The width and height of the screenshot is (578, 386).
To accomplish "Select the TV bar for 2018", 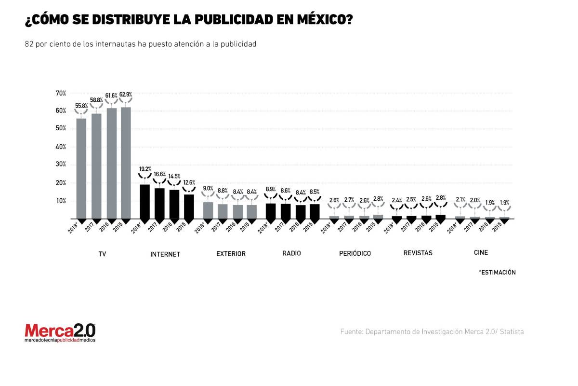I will [x=81, y=169].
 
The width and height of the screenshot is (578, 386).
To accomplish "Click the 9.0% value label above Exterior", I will [x=208, y=188].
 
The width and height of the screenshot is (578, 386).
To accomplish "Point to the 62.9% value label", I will [x=126, y=94].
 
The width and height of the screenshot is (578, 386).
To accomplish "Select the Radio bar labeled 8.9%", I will [x=271, y=211].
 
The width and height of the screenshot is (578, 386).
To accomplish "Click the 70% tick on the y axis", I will [x=61, y=93].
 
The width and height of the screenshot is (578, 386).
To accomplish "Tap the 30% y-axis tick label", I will [x=61, y=165].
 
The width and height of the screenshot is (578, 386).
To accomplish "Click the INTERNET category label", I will [x=165, y=254].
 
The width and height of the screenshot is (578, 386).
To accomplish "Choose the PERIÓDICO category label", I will [x=355, y=253].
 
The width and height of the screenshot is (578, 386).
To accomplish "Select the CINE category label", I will [x=481, y=252].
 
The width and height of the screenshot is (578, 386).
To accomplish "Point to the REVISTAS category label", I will [x=418, y=253].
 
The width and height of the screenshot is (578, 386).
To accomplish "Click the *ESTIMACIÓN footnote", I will [x=497, y=272].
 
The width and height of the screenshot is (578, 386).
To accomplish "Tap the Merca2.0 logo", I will [x=60, y=332].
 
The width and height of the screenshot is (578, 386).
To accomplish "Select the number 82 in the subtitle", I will [x=29, y=44].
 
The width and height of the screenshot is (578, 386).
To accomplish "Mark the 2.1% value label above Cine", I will [x=460, y=199].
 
